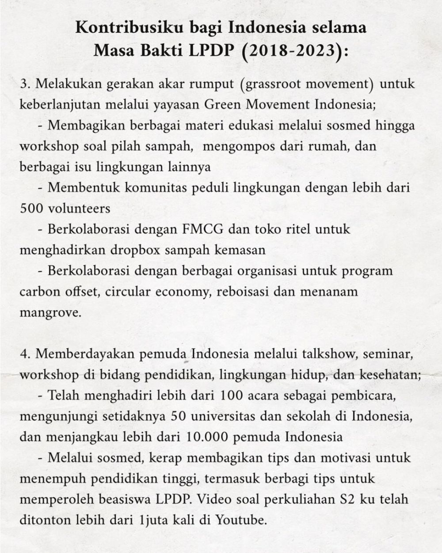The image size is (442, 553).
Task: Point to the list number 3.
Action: click(24, 84)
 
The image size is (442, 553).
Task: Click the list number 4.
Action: click(24, 355)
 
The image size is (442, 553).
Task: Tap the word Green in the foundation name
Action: click(224, 104)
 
